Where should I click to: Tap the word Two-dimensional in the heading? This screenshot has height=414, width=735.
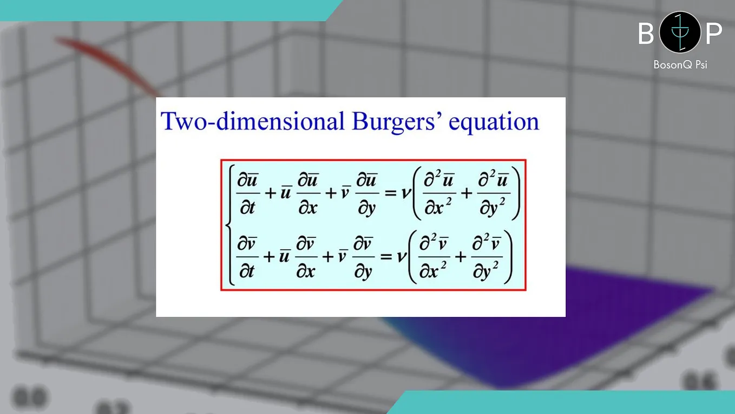[x=253, y=121]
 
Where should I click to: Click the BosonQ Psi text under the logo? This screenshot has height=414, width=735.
[x=680, y=64]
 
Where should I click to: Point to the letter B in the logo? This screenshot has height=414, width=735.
[x=646, y=33]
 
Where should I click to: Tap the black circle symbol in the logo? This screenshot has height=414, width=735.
[x=680, y=32]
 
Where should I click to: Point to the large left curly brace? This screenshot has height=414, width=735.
[x=229, y=224]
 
